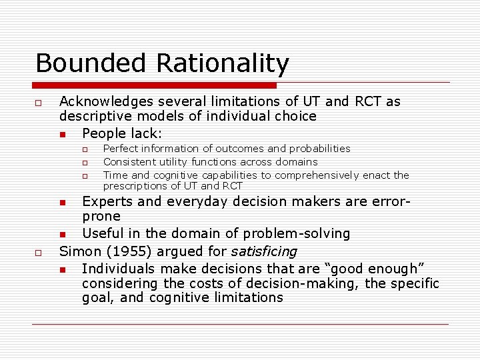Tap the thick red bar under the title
pyautogui.click(x=155, y=85)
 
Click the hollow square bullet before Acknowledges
pyautogui.click(x=39, y=103)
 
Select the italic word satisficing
pyautogui.click(x=263, y=252)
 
